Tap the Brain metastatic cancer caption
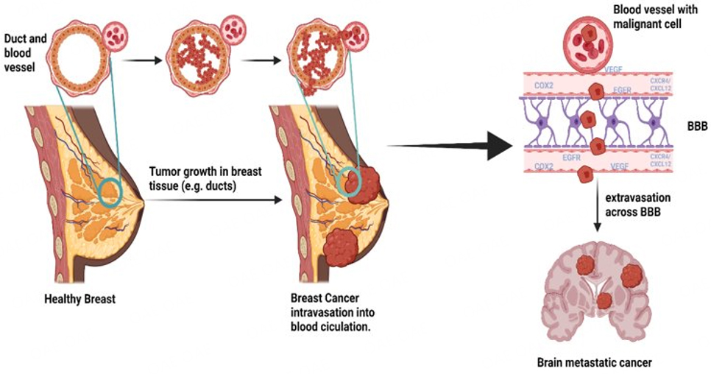(x=594, y=362)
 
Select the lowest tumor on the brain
(x=604, y=300)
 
